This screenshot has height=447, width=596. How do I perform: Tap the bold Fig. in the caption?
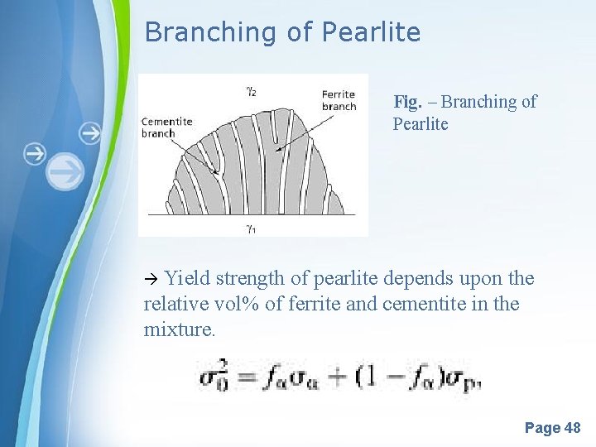407,102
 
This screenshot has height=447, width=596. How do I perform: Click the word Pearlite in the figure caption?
421,125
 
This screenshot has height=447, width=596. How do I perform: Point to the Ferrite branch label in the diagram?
339,100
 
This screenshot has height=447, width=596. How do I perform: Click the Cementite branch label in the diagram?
167,127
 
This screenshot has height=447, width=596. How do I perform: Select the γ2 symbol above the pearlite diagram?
250,92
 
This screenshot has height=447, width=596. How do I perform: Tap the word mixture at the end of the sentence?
180,329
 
